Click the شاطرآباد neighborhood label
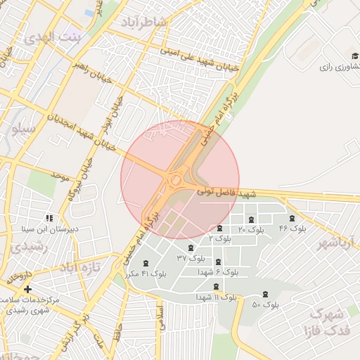(143, 22)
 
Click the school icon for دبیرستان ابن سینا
(49, 218)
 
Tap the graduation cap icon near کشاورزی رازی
(353, 56)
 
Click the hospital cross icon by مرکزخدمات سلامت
(27, 289)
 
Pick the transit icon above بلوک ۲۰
(252, 219)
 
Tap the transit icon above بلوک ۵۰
(265, 295)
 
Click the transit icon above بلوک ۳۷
(190, 247)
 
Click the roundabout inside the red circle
(176, 181)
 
